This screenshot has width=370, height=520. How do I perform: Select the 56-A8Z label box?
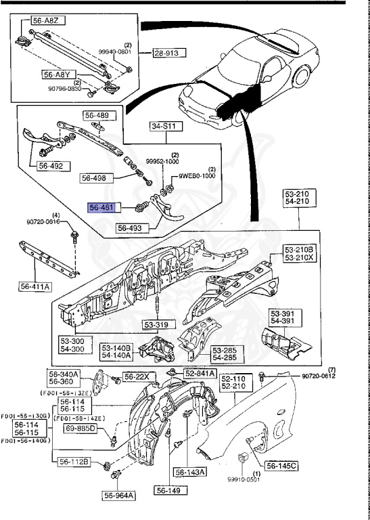[49, 22]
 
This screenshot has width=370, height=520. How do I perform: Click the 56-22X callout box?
[138, 376]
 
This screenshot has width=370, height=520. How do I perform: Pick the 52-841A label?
[200, 373]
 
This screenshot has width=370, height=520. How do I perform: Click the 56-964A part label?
[120, 496]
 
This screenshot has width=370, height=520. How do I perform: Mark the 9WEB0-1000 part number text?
[197, 176]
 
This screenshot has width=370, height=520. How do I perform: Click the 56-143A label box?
[191, 472]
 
